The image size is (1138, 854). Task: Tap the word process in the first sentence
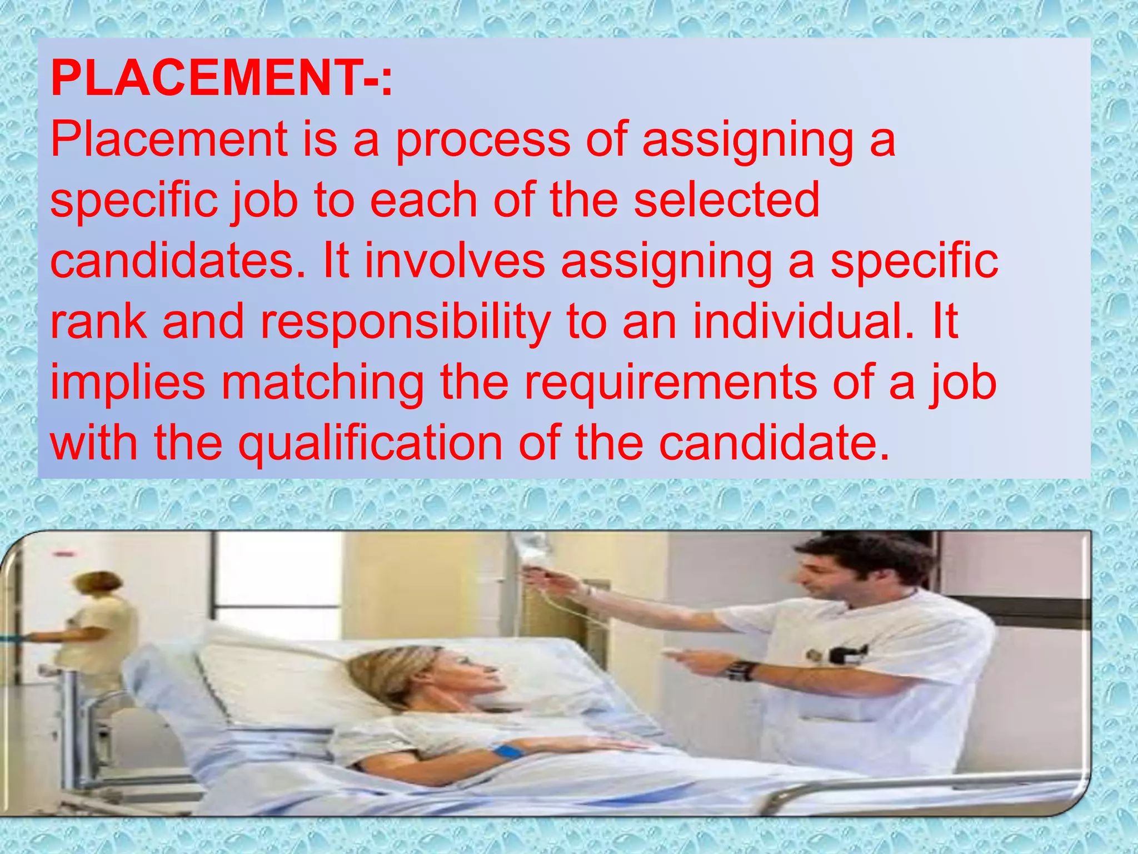482,140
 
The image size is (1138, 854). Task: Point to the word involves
455,261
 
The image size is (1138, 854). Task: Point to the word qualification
371,444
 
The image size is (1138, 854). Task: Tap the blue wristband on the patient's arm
508,752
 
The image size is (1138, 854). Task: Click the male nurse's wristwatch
742,671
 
